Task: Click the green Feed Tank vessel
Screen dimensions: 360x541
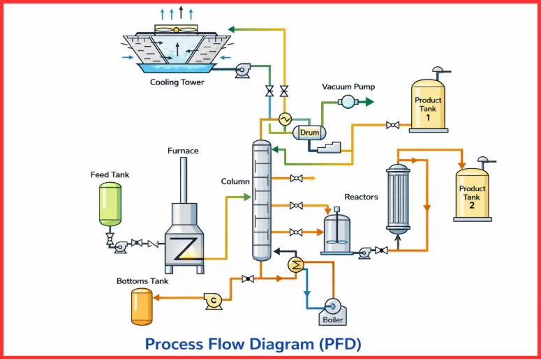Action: pos(110,204)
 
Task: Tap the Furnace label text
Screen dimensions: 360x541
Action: pos(183,151)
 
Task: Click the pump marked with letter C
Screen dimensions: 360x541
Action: pos(213,299)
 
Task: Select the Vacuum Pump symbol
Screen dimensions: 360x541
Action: pos(347,102)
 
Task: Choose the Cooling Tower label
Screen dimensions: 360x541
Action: pos(177,82)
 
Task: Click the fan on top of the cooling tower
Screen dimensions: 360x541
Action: pos(175,29)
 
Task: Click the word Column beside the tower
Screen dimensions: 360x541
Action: pos(235,181)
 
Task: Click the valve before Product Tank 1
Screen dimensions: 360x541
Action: pos(393,126)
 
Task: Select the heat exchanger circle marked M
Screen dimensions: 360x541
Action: pos(295,263)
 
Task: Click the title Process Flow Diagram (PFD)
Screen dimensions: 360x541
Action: pos(253,344)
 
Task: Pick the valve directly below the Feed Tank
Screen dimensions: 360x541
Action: pos(110,238)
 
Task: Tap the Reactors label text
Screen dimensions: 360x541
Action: pos(361,197)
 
